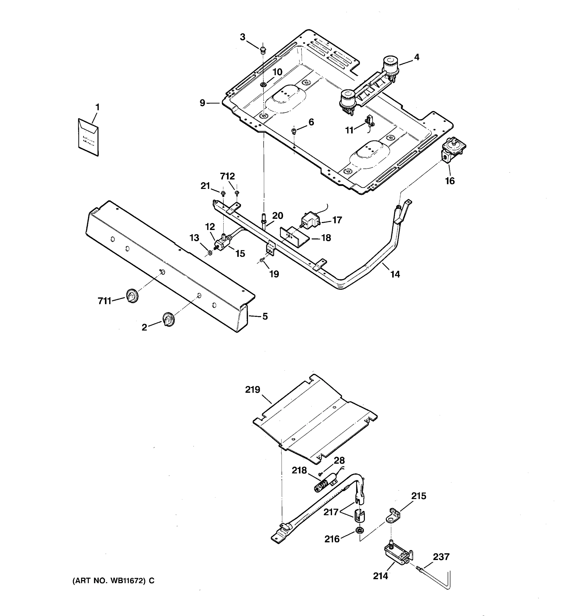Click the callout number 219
point(253,390)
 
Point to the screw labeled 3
point(263,49)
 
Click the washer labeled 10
point(263,85)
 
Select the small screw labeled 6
point(293,131)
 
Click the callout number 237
point(441,556)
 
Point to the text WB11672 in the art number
point(127,581)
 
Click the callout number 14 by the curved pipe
point(395,274)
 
